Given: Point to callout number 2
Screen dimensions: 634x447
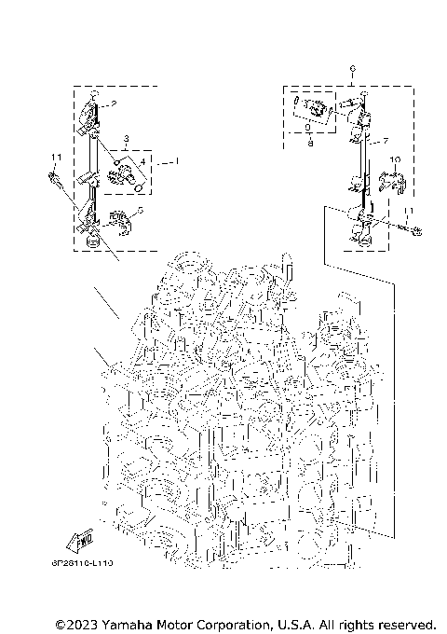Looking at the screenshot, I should pos(114,103).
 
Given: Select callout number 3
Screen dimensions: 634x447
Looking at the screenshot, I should pos(124,138).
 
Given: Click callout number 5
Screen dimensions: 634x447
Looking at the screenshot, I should pos(139,211).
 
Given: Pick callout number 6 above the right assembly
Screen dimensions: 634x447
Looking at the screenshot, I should pos(352,69).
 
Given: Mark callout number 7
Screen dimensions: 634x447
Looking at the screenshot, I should pos(382,141).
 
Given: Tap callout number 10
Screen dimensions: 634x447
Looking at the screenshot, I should pos(395,160).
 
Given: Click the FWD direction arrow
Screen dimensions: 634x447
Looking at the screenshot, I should pos(78,538).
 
